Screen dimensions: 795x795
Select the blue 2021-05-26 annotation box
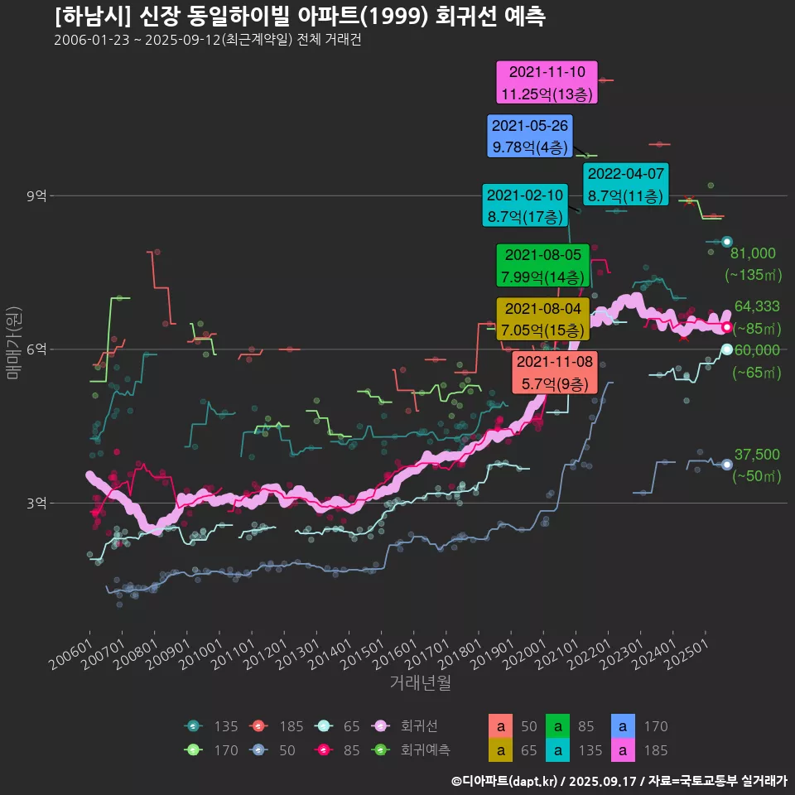[x=530, y=137]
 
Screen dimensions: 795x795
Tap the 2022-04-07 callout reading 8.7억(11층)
[x=625, y=185]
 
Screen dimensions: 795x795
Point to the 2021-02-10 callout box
[x=525, y=205]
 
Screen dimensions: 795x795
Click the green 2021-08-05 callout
[x=542, y=265]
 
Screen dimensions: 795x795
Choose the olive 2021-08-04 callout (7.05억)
[x=542, y=320]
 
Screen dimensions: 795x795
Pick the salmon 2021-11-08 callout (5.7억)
[x=554, y=373]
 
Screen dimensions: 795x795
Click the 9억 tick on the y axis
[x=37, y=196]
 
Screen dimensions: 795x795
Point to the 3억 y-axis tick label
[x=37, y=503]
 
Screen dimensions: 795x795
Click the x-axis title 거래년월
[x=420, y=683]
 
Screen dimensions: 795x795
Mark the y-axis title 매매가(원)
[x=13, y=342]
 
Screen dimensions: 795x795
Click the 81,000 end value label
[x=753, y=253]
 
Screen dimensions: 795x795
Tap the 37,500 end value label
[x=757, y=455]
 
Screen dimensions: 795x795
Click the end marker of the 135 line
[x=726, y=242]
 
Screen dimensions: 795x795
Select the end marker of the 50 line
[x=726, y=465]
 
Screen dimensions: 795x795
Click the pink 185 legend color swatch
[x=622, y=750]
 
